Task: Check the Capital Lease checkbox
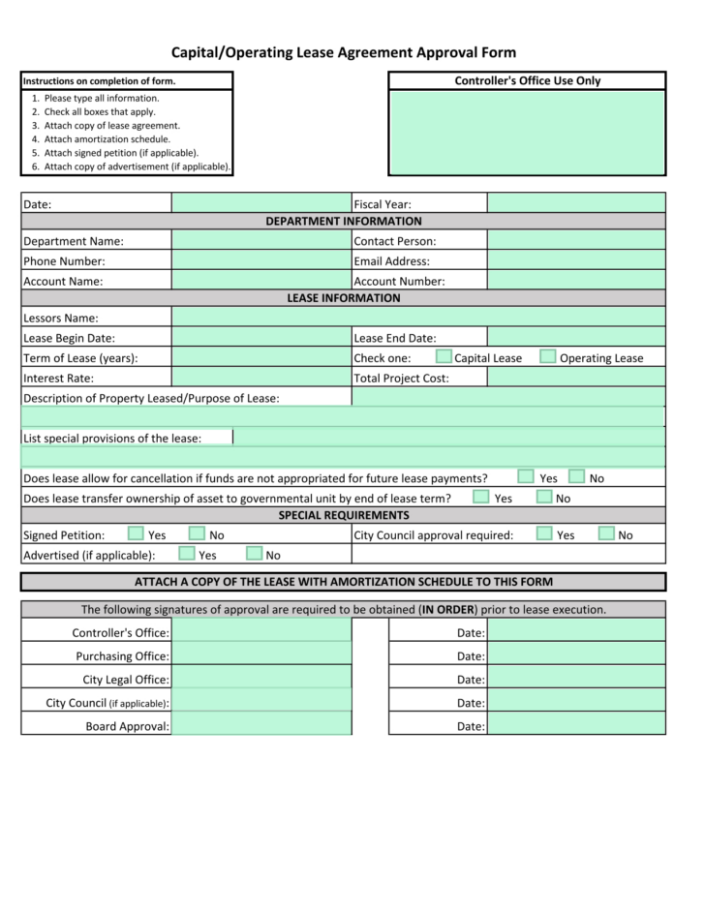444,357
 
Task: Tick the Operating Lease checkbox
548,357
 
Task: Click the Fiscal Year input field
576,203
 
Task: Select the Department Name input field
261,241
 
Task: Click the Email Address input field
576,261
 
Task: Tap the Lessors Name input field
418,318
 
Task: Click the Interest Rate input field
261,378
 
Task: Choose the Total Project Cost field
576,378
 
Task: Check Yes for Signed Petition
137,533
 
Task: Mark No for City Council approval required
606,533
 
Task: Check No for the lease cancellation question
577,476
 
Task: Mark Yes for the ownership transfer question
481,497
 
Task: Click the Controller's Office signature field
261,632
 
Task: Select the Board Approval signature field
261,725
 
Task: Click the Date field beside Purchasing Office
576,655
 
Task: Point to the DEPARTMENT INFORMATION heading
343,222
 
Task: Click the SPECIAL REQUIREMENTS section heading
343,515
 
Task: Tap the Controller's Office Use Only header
527,81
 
